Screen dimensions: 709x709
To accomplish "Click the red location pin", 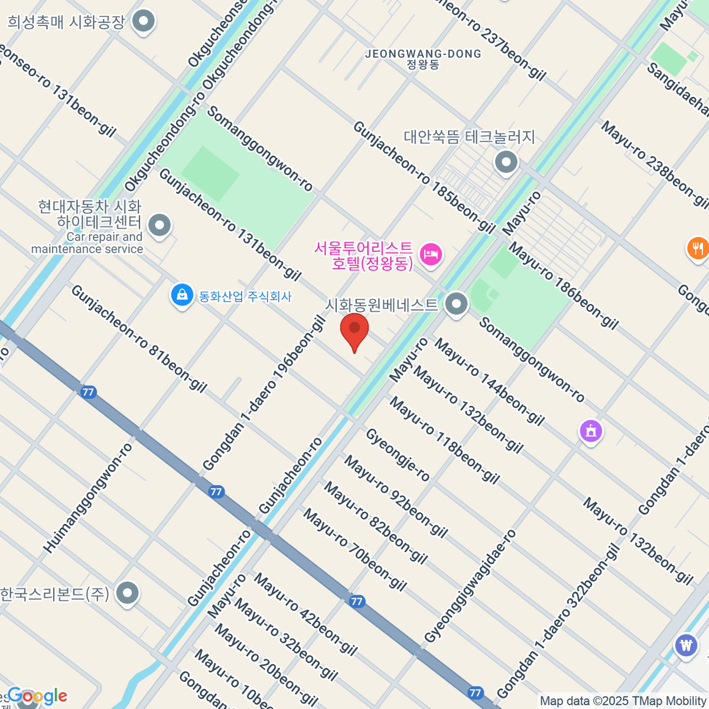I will point(354,330).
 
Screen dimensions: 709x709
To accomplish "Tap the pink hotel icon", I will point(431,255).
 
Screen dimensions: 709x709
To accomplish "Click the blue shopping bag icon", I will point(181,295).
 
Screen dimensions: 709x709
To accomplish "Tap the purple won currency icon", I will point(686,645).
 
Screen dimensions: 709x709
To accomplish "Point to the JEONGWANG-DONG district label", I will point(423,54).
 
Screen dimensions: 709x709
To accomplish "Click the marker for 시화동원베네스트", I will point(456,305).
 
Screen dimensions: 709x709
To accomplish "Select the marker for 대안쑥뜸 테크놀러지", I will point(506,162).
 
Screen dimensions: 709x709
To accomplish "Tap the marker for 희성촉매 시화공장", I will point(142,22).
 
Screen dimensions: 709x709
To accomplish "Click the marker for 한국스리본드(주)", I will point(127,593).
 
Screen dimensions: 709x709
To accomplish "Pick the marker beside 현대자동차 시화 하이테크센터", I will point(159,225).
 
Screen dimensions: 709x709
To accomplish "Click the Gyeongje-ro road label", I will point(398,455).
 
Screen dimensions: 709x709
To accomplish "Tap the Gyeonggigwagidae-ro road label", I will point(470,586).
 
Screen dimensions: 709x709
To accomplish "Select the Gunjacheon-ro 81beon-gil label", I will point(139,339).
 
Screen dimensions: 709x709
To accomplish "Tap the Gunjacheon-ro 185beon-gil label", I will point(424,177).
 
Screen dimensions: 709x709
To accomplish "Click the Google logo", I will point(37,696).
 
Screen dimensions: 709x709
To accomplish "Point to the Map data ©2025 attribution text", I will point(623,701).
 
